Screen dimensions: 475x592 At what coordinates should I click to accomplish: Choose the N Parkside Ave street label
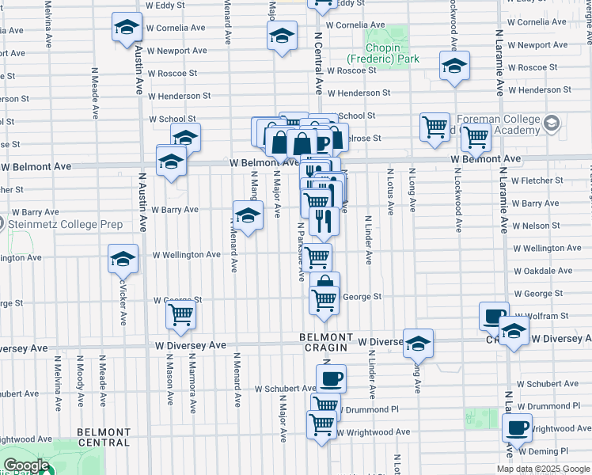tap(301, 252)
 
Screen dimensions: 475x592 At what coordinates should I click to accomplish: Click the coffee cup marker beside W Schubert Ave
tap(331, 378)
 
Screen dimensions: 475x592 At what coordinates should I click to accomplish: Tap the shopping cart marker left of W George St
tap(181, 314)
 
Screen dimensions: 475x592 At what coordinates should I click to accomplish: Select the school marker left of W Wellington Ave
tap(123, 258)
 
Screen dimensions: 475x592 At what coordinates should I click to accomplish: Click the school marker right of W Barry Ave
tap(248, 215)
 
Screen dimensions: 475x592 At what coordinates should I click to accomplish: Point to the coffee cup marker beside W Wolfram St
tap(494, 316)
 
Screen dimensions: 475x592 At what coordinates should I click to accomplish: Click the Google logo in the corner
tap(26, 465)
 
